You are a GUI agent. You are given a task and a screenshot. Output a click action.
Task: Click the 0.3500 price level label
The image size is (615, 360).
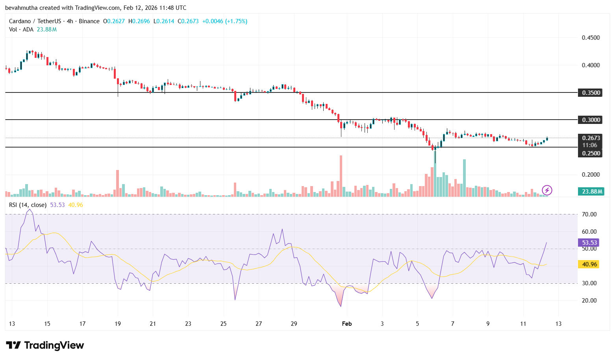(x=591, y=93)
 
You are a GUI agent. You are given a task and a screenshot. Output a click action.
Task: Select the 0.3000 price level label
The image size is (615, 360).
(x=591, y=120)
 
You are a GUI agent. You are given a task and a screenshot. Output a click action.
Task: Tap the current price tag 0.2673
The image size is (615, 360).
(x=591, y=138)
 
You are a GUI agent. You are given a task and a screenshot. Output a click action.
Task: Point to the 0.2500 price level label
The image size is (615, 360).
(x=591, y=153)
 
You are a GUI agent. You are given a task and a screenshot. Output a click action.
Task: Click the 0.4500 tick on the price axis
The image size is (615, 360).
(x=591, y=38)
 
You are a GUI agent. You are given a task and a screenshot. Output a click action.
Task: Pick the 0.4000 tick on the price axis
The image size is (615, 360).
(x=591, y=65)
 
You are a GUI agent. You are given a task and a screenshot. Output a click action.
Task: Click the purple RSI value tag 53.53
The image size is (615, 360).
(x=589, y=243)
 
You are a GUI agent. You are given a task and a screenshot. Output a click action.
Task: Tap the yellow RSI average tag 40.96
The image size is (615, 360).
(x=589, y=264)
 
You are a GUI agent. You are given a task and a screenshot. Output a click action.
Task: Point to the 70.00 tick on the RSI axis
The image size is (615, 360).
(x=589, y=214)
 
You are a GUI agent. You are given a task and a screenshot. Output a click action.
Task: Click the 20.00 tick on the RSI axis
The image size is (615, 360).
(x=589, y=301)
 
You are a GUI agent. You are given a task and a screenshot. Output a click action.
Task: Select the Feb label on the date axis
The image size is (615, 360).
(x=346, y=324)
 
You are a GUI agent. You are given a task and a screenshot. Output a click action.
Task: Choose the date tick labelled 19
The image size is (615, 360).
(x=118, y=324)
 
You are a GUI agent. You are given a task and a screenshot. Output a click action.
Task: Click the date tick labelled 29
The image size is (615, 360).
(x=294, y=324)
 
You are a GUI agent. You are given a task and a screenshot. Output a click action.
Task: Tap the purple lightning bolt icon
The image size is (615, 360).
(x=547, y=190)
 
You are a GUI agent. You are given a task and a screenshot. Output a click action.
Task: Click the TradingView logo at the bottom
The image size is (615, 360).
(x=45, y=345)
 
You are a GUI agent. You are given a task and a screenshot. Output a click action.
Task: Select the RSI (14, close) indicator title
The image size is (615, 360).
(x=28, y=205)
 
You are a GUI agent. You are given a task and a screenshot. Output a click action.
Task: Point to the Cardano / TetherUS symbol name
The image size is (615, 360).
(x=35, y=21)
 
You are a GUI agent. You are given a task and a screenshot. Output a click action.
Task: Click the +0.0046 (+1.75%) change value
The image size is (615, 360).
(x=224, y=21)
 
